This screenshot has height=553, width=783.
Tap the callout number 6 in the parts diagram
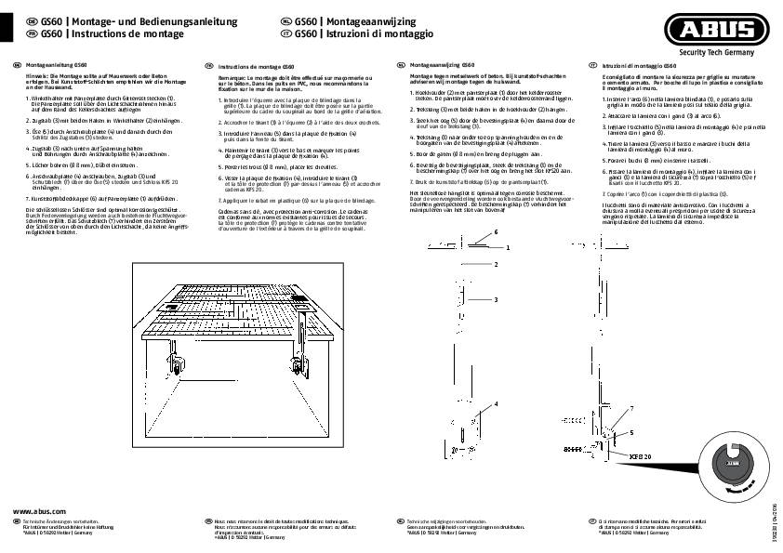(497, 230)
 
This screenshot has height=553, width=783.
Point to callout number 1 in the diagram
(509, 249)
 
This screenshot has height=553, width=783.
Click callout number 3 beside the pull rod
(497, 299)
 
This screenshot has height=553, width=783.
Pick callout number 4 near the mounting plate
(497, 403)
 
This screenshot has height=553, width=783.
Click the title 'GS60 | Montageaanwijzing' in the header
(343, 20)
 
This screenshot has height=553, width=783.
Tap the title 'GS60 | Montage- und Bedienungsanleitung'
(120, 20)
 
